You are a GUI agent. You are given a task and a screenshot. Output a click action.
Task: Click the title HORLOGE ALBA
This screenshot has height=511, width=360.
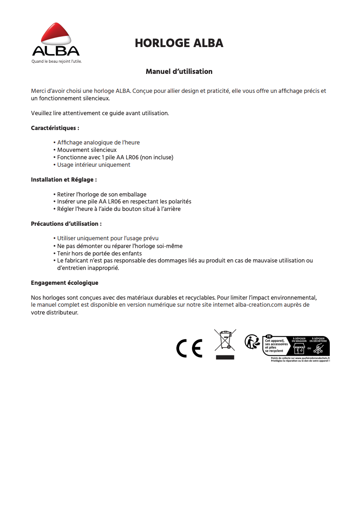point(179,43)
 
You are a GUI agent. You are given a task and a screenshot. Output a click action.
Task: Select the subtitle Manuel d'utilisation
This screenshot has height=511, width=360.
point(179,71)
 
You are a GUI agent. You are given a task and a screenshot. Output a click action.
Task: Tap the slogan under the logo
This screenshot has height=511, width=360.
point(57,62)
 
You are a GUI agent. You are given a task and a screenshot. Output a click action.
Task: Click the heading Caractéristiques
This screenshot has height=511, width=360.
point(55,128)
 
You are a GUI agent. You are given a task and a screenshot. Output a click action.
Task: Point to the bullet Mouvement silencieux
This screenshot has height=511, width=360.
point(87,150)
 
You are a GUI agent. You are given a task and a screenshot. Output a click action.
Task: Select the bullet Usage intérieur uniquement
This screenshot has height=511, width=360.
point(93,165)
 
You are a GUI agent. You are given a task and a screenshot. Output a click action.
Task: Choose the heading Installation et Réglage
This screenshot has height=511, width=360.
point(64,180)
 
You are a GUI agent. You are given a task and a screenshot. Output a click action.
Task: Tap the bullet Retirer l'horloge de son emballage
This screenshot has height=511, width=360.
point(102,194)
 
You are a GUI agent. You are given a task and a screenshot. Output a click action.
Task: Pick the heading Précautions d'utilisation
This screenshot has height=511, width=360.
point(66,224)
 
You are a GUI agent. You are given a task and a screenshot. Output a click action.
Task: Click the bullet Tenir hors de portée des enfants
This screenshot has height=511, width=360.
point(99,253)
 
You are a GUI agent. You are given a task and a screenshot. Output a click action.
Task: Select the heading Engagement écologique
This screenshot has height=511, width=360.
point(64,283)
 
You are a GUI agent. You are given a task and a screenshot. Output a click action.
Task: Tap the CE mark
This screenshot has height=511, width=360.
point(189,348)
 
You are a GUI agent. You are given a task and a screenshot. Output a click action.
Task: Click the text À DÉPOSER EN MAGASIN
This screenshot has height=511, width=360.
point(299,340)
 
